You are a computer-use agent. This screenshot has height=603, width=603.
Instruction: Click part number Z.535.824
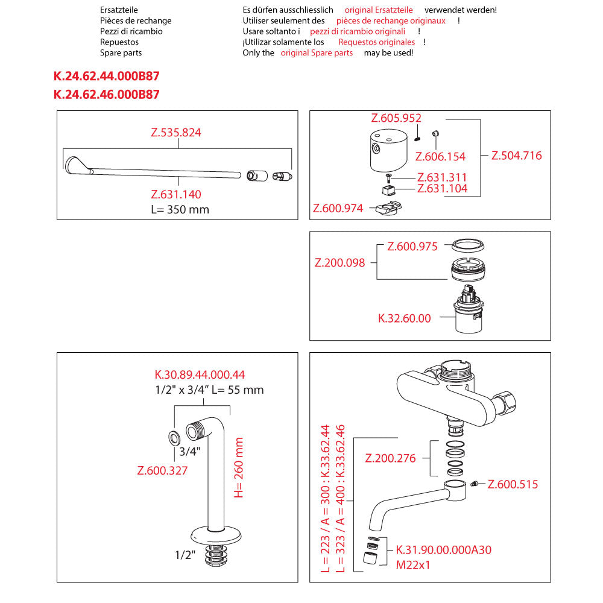[x=175, y=133]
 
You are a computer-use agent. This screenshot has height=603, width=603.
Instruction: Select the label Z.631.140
[x=175, y=194]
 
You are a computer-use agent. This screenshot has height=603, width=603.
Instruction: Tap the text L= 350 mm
[x=180, y=210]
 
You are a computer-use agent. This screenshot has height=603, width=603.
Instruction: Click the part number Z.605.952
[x=396, y=118]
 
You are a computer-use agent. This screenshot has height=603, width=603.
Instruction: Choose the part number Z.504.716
[x=516, y=156]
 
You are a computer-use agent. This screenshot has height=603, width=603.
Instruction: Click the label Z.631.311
[x=442, y=177]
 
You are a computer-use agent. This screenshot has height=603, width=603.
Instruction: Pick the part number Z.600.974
[x=338, y=209]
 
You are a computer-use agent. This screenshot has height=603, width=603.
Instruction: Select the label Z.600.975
[x=412, y=247]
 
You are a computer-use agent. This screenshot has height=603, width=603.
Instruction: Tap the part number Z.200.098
[x=340, y=263]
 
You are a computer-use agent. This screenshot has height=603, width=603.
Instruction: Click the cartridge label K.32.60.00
[x=405, y=318]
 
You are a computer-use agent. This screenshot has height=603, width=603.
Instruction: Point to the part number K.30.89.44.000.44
[x=200, y=374]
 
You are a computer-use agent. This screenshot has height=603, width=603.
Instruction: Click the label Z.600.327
[x=163, y=470]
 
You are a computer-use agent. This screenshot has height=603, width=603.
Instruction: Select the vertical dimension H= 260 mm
[x=239, y=467]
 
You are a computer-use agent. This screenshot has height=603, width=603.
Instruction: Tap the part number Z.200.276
[x=391, y=458]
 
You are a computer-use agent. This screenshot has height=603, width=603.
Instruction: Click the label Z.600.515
[x=513, y=484]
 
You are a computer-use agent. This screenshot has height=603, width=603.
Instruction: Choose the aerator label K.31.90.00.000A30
[x=443, y=550]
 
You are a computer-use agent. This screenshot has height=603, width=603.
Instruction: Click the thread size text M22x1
[x=413, y=566]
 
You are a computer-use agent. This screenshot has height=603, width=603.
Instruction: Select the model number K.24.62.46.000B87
[x=107, y=94]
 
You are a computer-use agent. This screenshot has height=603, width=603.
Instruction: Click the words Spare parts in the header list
[x=121, y=53]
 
